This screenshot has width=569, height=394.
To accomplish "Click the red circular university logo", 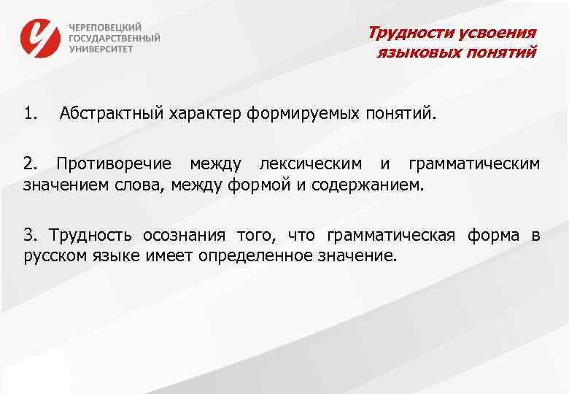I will (x=41, y=38).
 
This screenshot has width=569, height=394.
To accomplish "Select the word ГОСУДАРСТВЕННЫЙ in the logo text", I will (x=115, y=38).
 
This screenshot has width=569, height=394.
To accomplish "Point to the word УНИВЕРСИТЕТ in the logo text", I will (x=101, y=50).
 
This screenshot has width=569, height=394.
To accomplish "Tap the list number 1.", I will (x=30, y=113).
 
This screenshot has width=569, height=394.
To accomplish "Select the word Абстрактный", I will (x=112, y=113).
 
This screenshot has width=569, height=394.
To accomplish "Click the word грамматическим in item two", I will (x=474, y=164).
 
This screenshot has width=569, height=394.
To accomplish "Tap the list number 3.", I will (x=29, y=235).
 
